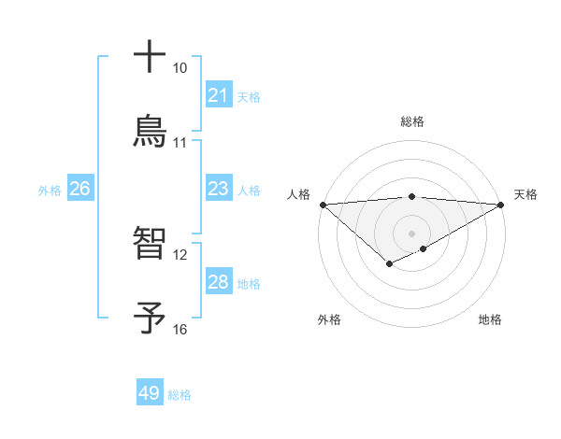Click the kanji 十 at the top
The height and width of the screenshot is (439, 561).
pyautogui.click(x=150, y=57)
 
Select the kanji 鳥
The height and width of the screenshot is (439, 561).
pyautogui.click(x=150, y=132)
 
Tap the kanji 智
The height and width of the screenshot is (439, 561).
pyautogui.click(x=150, y=244)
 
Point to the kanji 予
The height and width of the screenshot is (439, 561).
pyautogui.click(x=150, y=318)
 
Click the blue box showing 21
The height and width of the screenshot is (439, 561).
pyautogui.click(x=218, y=95)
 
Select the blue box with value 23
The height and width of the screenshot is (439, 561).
pyautogui.click(x=218, y=190)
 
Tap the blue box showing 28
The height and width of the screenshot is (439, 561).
pyautogui.click(x=218, y=282)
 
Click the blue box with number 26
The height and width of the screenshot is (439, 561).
pyautogui.click(x=79, y=190)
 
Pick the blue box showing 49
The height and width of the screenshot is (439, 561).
pyautogui.click(x=150, y=393)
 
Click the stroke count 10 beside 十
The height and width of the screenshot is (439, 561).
pyautogui.click(x=180, y=68)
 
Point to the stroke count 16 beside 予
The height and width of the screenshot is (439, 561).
pyautogui.click(x=180, y=329)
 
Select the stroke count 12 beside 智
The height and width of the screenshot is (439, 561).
pyautogui.click(x=180, y=254)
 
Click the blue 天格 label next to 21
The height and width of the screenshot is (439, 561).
pyautogui.click(x=249, y=96)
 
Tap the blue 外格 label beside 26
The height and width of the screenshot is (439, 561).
pyautogui.click(x=50, y=191)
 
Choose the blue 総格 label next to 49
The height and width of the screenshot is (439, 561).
pyautogui.click(x=180, y=395)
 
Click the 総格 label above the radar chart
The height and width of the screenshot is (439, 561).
pyautogui.click(x=411, y=121)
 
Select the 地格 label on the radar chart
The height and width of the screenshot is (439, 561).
pyautogui.click(x=490, y=319)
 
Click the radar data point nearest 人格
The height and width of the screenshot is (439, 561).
pyautogui.click(x=323, y=205)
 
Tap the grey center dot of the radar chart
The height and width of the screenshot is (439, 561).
pyautogui.click(x=411, y=233)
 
